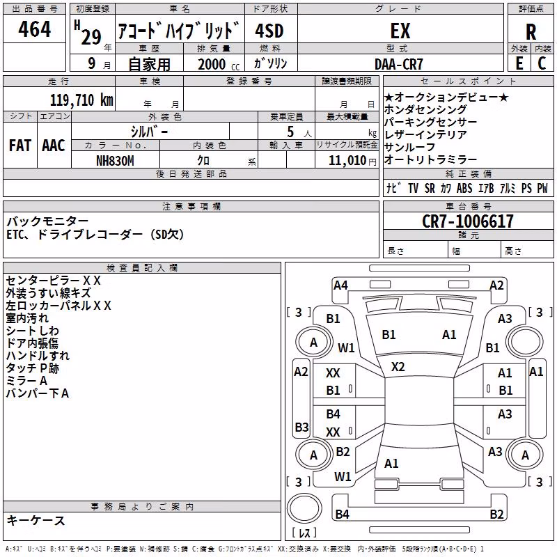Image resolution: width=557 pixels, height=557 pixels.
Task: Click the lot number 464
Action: click(x=34, y=29)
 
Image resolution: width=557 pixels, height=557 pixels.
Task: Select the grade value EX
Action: click(x=400, y=31)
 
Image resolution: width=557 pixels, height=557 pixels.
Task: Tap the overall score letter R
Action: click(x=531, y=32)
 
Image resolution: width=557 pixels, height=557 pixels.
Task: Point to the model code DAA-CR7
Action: click(x=398, y=64)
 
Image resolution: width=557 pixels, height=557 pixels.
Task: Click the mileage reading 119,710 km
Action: click(x=81, y=100)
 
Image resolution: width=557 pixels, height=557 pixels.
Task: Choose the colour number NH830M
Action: click(x=115, y=161)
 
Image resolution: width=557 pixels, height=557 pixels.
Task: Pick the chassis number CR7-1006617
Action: click(x=468, y=221)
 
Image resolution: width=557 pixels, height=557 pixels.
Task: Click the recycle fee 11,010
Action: click(x=347, y=161)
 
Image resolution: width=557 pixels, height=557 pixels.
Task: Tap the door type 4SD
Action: click(x=269, y=31)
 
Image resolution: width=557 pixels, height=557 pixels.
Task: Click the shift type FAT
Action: click(x=20, y=146)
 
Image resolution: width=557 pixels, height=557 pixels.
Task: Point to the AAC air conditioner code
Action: click(x=54, y=146)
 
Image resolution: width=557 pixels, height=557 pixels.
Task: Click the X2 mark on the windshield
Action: click(x=398, y=367)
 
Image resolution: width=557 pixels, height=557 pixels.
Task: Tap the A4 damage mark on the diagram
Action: click(x=340, y=285)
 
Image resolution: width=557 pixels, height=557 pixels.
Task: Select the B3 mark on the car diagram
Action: click(x=301, y=427)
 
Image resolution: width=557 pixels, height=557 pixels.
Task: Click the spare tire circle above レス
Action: click(x=304, y=508)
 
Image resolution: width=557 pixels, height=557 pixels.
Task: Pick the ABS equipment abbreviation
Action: click(x=464, y=188)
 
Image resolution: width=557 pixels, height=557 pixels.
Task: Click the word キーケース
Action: click(x=36, y=520)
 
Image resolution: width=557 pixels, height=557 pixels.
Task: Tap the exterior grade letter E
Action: click(x=519, y=63)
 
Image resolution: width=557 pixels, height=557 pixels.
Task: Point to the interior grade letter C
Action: click(x=542, y=63)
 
